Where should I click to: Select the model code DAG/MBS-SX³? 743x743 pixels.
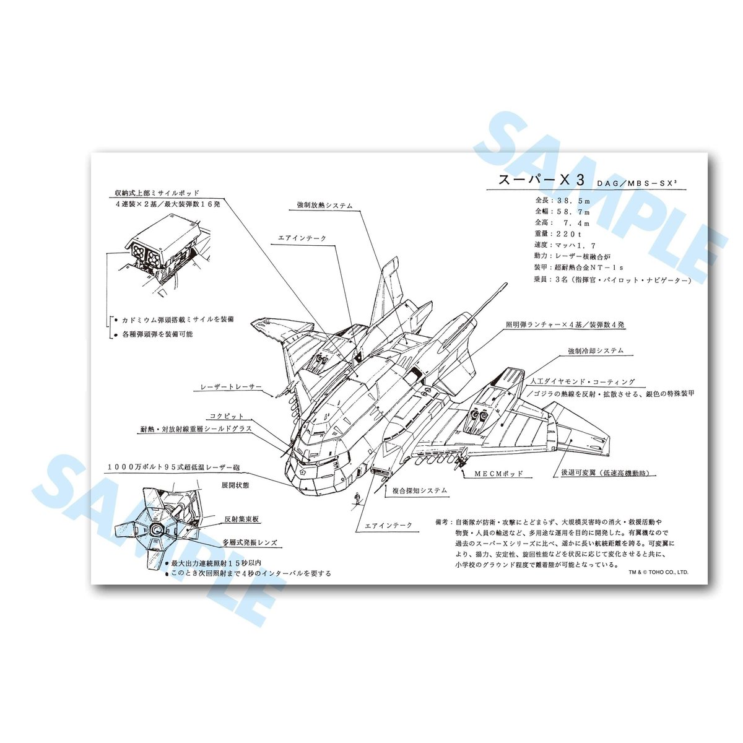(633, 183)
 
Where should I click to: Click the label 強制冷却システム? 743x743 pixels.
(596, 350)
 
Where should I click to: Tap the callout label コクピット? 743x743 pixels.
(227, 416)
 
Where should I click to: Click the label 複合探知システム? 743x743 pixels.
(419, 490)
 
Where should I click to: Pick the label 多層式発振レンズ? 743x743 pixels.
(250, 543)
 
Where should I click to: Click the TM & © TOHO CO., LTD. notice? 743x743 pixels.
(658, 573)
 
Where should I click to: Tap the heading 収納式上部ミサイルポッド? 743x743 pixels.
(152, 193)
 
